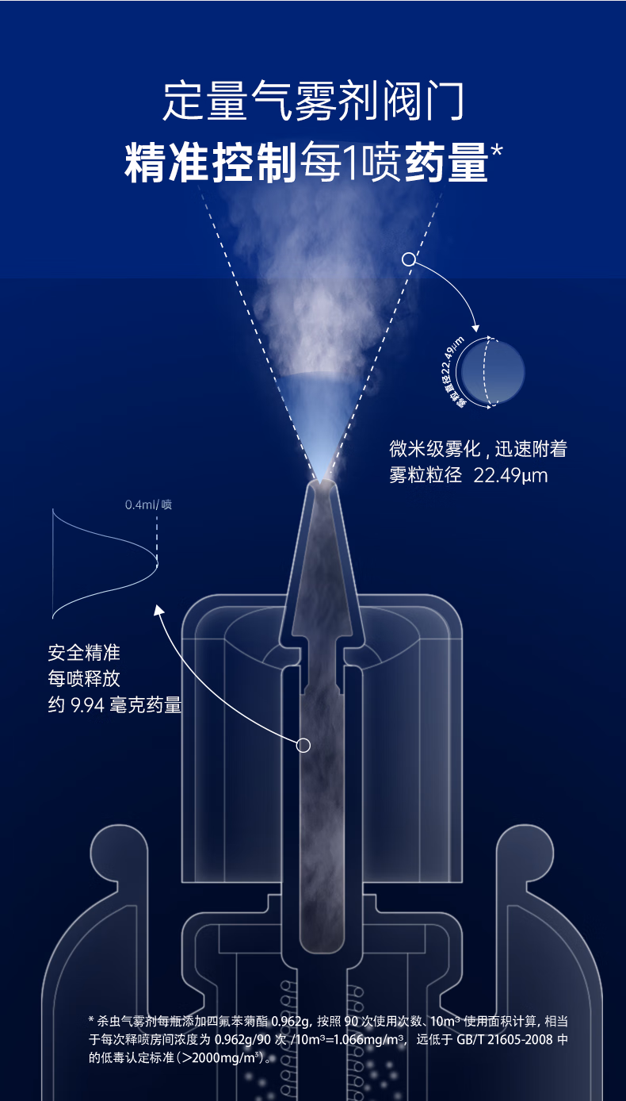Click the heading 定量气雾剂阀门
coord(313,101)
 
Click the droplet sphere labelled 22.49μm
coord(492,371)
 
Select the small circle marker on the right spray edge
coord(409,259)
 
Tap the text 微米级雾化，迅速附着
coord(478,449)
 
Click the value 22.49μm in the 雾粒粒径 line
coord(510,476)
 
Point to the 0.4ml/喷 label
coord(148,504)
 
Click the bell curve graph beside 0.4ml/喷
coord(103,563)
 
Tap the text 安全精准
coord(84,654)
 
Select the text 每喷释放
coord(84,679)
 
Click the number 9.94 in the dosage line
coord(87,705)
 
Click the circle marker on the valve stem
coord(303,745)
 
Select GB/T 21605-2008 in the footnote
coord(507,1041)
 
